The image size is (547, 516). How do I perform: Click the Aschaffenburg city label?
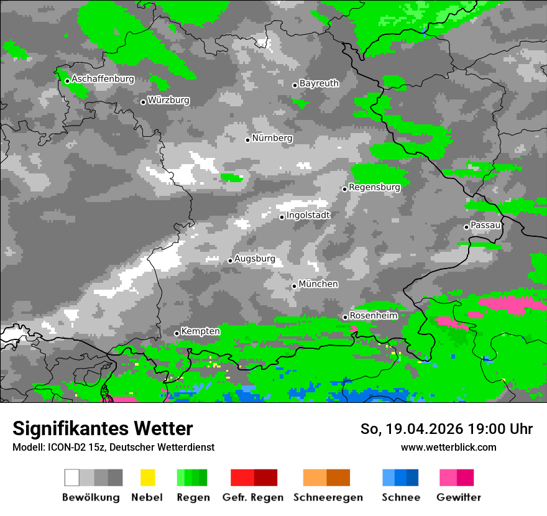pos(103,80)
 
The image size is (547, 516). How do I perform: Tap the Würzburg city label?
pos(168,100)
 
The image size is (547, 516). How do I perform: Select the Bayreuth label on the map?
pos(319,83)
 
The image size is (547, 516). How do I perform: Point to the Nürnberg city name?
pos(272,138)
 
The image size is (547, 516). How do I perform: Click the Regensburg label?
pos(374,187)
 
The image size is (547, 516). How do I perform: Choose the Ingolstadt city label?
pos(308,215)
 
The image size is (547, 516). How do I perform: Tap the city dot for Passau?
pos(466,227)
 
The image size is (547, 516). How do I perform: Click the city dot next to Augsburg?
pos(230,260)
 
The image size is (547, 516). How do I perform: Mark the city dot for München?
pos(294,286)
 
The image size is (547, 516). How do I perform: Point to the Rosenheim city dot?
pos(345,317)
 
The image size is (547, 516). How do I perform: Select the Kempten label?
pos(200,331)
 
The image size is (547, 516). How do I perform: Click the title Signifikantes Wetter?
pos(103,429)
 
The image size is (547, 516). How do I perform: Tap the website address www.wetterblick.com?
pos(448,447)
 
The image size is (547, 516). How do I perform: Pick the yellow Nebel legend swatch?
pos(147,477)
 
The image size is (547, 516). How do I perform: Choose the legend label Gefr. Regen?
pos(253,497)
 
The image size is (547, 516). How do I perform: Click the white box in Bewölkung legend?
pos(72,477)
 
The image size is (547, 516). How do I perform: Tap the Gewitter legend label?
pos(459,497)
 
